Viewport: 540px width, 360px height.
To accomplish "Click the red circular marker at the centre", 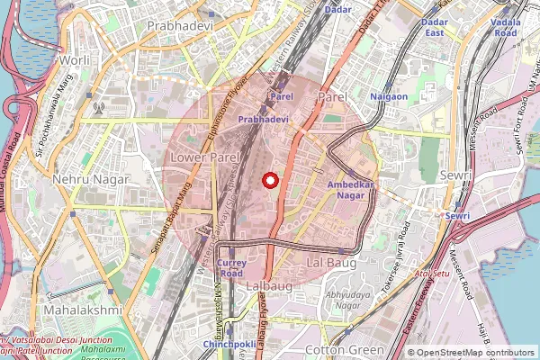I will coord(269,180).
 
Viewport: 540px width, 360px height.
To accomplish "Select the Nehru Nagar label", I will coord(91,179).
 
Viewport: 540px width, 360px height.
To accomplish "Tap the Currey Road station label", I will coord(230,267).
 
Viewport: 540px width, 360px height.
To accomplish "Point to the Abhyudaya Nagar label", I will coord(348,299).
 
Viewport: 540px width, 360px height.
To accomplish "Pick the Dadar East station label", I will coord(435,27).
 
